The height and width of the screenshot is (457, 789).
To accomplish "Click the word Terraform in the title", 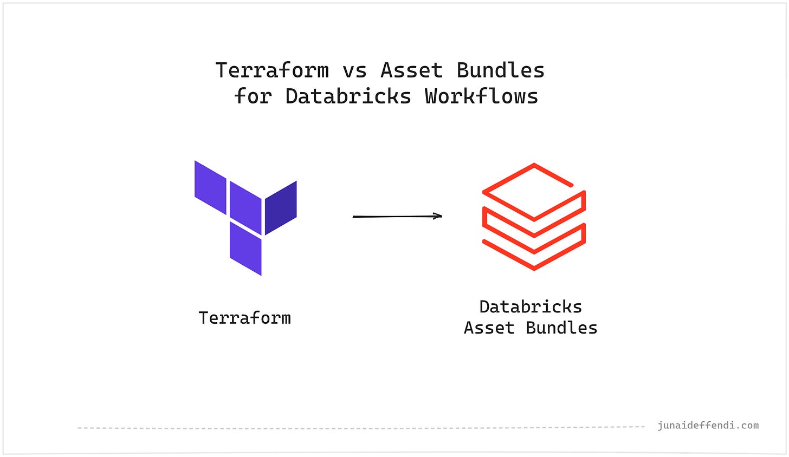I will [x=271, y=70].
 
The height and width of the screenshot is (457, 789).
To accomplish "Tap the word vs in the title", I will [x=354, y=70].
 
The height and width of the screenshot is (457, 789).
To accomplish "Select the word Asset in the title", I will [x=411, y=70].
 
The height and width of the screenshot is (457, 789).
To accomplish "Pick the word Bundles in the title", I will [x=500, y=70].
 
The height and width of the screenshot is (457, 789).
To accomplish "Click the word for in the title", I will [x=253, y=96].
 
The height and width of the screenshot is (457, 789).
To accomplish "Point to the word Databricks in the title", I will [x=348, y=96].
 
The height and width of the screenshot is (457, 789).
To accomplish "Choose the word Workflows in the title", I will [x=481, y=96].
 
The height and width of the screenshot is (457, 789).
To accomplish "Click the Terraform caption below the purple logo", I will [x=244, y=318].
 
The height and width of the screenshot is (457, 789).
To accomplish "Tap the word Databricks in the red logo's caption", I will [x=531, y=307].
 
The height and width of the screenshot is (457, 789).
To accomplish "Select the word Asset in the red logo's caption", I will [x=489, y=328].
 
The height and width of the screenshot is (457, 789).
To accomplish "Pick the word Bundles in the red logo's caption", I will [x=561, y=328].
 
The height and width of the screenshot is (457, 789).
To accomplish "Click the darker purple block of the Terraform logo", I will [x=280, y=208].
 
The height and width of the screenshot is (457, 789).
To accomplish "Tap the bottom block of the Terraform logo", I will [x=245, y=248].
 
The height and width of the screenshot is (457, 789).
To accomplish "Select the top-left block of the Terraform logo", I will [x=210, y=187].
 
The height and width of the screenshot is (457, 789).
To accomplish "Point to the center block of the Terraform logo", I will [x=245, y=208].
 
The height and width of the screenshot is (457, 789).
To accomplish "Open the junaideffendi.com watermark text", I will [x=708, y=426].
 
